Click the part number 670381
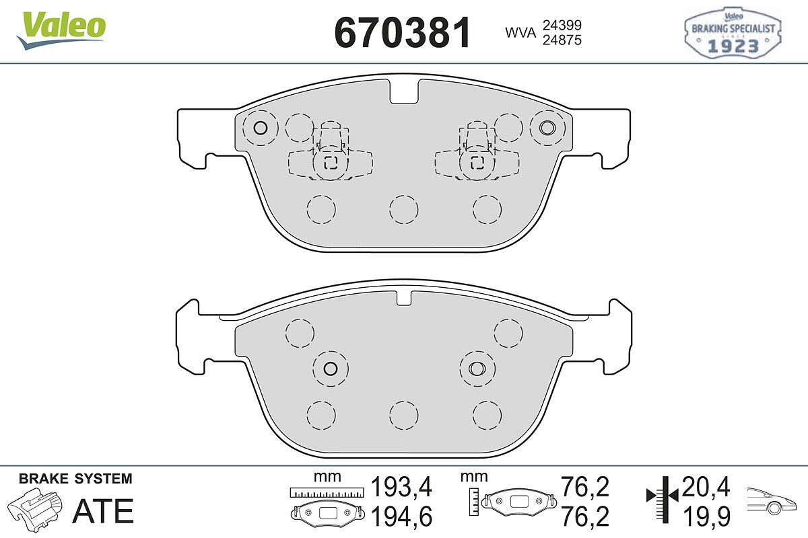click(403, 32)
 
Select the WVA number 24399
click(562, 25)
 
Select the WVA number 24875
click(562, 40)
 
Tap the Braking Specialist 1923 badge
click(733, 33)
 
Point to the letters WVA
click(520, 32)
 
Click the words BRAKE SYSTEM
click(75, 479)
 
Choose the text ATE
click(103, 511)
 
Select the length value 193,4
click(401, 487)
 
